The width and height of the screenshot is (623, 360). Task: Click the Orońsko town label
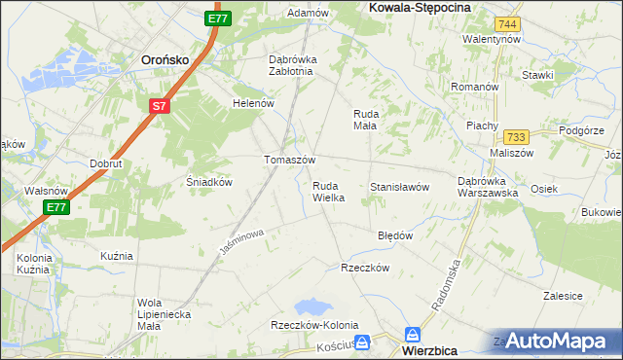[165, 57]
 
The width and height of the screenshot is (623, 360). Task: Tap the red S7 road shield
[161, 105]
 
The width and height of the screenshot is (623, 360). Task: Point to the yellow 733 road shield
[516, 137]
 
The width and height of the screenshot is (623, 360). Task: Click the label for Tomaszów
[289, 160]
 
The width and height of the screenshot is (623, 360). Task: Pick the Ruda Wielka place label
[328, 191]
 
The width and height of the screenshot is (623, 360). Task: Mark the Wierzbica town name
[437, 346]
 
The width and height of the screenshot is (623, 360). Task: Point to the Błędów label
[395, 235]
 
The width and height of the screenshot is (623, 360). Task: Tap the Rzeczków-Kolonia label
[314, 325]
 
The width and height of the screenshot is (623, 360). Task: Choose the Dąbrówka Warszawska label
[487, 186]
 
